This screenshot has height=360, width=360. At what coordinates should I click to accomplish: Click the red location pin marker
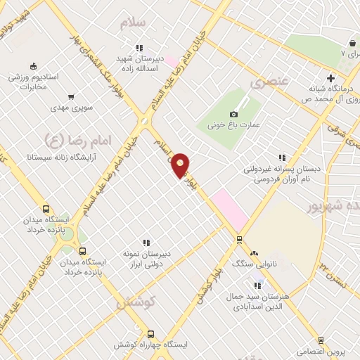click(x=181, y=165)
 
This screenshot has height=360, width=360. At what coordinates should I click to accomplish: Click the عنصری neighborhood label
click(x=268, y=82)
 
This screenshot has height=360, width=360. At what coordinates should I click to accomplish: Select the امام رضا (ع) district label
click(x=64, y=139)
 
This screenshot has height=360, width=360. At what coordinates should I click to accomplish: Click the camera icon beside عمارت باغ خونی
click(x=234, y=115)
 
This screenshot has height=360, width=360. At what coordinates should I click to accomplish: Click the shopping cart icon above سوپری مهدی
click(x=71, y=97)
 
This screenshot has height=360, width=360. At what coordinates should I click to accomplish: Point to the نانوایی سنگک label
click(x=254, y=263)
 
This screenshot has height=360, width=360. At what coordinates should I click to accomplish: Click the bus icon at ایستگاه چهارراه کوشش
click(x=150, y=334)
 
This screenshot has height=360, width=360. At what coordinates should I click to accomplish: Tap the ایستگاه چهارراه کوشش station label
click(x=150, y=345)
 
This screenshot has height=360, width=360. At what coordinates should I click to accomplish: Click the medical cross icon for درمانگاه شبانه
click(x=330, y=77)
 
